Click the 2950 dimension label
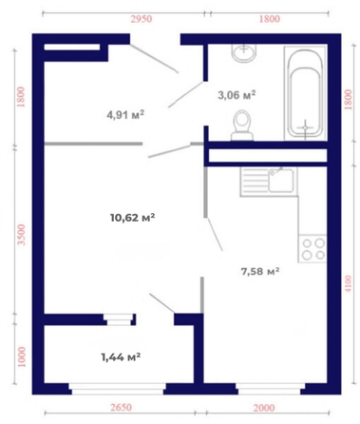tap(142, 19)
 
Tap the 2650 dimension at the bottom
tap(121, 407)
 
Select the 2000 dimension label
tap(264, 408)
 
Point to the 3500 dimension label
tap(21, 235)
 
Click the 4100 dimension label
tap(348, 283)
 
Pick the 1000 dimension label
tap(21, 357)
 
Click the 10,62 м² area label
tap(133, 218)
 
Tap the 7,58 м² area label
tap(260, 272)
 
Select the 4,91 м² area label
tap(125, 114)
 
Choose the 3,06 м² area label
tap(237, 95)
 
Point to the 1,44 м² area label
tap(121, 357)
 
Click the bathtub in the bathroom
tap(306, 93)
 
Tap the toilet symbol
tap(242, 125)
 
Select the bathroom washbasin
tap(244, 52)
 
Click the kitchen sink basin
tap(281, 181)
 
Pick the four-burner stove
tap(313, 248)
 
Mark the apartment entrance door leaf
tap(154, 59)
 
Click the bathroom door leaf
tap(185, 94)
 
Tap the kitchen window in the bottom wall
tap(270, 389)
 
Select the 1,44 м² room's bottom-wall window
tap(118, 389)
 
